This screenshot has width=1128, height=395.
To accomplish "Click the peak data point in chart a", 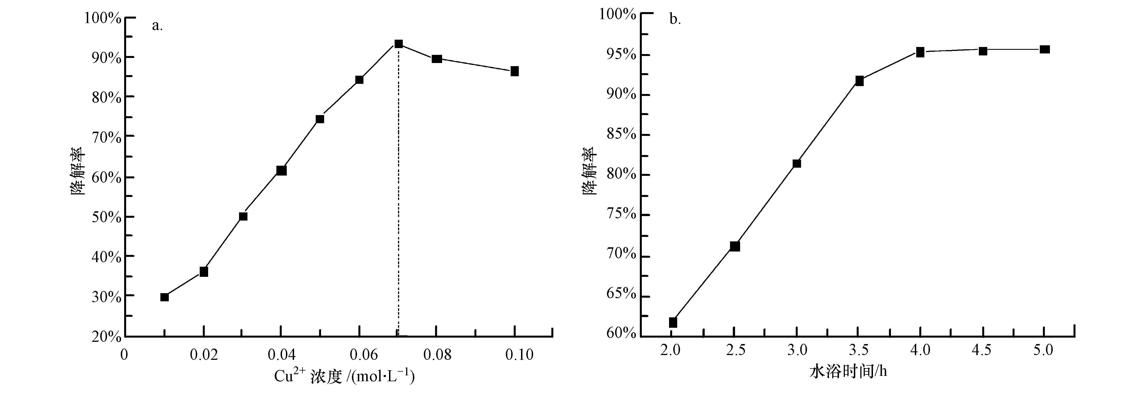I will [x=399, y=44].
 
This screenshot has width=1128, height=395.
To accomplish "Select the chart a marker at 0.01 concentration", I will [x=165, y=297].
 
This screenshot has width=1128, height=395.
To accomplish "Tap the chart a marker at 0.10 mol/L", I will [x=515, y=71].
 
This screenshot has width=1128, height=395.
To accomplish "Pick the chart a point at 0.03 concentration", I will [x=243, y=216].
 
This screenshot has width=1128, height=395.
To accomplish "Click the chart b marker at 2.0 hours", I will [x=673, y=323].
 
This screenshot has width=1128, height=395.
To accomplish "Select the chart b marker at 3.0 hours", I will [x=797, y=163].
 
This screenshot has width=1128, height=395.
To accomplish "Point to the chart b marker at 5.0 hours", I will [x=1044, y=50].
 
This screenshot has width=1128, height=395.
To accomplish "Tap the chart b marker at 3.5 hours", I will [x=859, y=81].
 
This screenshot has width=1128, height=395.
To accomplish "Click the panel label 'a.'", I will [x=157, y=26].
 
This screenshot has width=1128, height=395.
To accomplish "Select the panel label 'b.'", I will [x=675, y=20].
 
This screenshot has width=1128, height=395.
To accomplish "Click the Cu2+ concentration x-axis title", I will [x=344, y=376].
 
